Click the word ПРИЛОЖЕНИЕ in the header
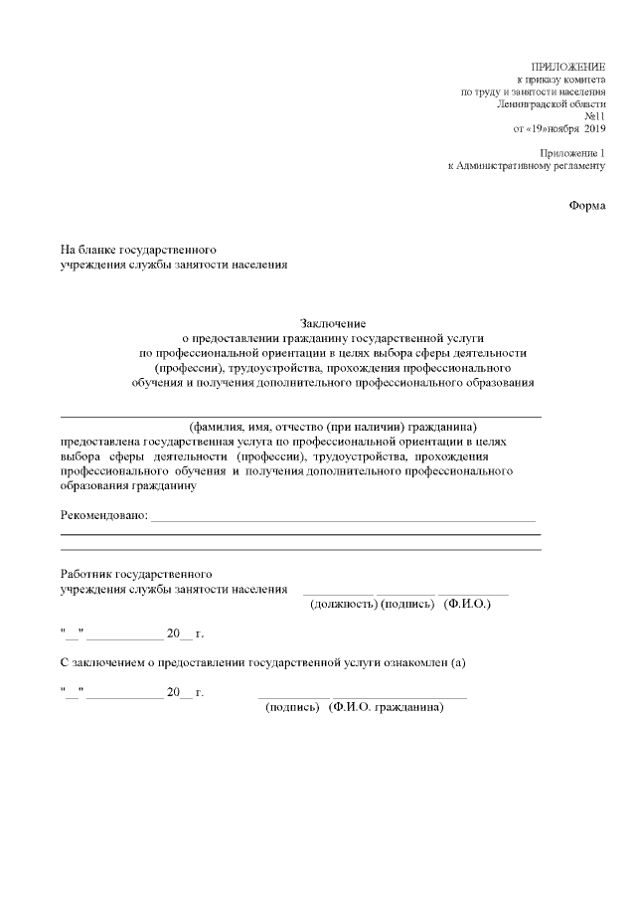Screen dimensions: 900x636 568,65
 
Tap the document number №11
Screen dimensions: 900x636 594,116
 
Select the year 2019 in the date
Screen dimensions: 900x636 594,129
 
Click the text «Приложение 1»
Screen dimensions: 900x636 571,152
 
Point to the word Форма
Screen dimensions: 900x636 586,205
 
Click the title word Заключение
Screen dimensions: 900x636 334,323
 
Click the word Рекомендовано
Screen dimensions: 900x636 103,515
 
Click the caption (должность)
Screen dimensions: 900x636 343,604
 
